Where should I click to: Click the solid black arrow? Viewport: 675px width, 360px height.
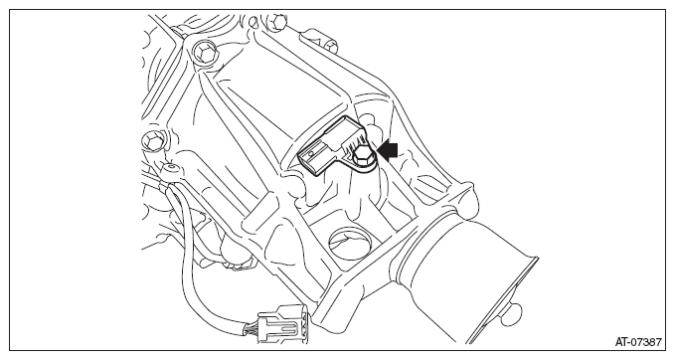tap(387, 151)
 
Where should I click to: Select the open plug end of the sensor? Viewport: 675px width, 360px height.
tap(313, 161)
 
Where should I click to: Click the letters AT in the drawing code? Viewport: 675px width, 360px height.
tap(621, 342)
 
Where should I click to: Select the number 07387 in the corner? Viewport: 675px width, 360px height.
tap(646, 342)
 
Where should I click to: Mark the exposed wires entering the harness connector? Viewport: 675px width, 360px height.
tap(251, 327)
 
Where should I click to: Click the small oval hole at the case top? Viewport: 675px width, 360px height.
tap(253, 20)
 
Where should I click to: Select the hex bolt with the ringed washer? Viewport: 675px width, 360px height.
tap(203, 53)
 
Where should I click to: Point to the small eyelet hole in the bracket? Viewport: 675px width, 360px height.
tap(171, 165)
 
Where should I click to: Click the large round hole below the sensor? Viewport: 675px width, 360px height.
tap(350, 243)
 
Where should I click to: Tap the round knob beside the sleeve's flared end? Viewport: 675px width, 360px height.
tap(511, 309)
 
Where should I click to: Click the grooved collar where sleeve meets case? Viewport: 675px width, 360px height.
tap(424, 246)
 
